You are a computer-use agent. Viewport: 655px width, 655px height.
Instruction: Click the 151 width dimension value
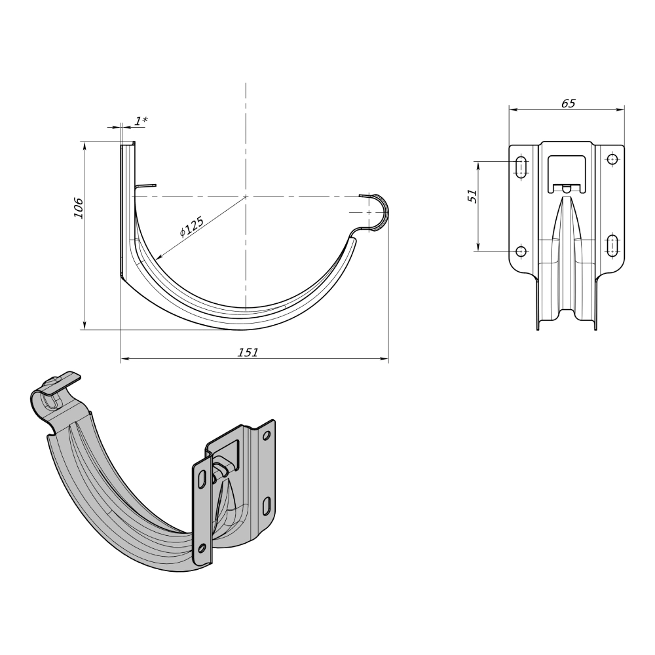coord(248,352)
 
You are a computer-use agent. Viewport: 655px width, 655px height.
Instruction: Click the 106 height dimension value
coord(79,208)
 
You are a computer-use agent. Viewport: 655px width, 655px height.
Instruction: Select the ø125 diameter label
coord(191,227)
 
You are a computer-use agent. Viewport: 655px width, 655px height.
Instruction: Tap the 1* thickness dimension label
coord(141,121)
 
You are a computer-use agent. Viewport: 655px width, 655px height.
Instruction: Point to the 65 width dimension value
coord(568,103)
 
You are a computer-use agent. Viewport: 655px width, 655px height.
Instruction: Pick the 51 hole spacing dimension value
coord(472,196)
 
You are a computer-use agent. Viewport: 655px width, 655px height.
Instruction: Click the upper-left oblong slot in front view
coord(521,168)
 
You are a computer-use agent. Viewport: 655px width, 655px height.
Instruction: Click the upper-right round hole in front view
coord(612,160)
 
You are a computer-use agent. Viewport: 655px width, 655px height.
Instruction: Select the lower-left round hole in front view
coord(521,251)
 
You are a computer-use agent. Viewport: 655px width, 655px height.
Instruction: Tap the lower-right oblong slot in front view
coord(612,245)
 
